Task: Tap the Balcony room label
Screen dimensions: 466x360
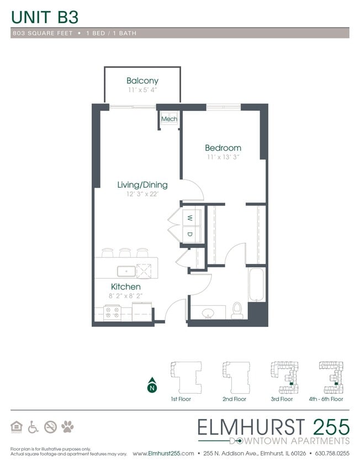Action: click(x=142, y=81)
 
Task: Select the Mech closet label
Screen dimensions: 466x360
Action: click(x=168, y=119)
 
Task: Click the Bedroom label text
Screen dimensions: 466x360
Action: click(x=223, y=148)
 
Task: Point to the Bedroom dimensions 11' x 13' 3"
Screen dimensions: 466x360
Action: click(x=223, y=157)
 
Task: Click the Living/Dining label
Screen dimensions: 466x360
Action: click(x=142, y=185)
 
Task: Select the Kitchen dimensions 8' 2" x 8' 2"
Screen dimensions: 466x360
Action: click(x=125, y=296)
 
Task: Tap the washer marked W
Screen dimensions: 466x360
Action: click(x=189, y=218)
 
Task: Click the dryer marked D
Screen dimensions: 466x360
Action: click(x=189, y=234)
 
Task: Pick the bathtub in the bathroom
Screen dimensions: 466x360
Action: click(x=257, y=284)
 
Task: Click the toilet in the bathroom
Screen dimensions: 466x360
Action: click(x=237, y=311)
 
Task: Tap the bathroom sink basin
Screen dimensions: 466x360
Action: click(x=209, y=313)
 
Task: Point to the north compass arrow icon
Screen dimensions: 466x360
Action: click(x=151, y=386)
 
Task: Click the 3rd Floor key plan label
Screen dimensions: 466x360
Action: click(x=282, y=399)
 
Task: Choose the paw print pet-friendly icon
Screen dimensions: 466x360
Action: click(x=68, y=427)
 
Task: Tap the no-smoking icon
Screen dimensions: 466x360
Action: click(x=50, y=427)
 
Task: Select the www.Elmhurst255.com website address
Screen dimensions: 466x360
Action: click(x=163, y=453)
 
